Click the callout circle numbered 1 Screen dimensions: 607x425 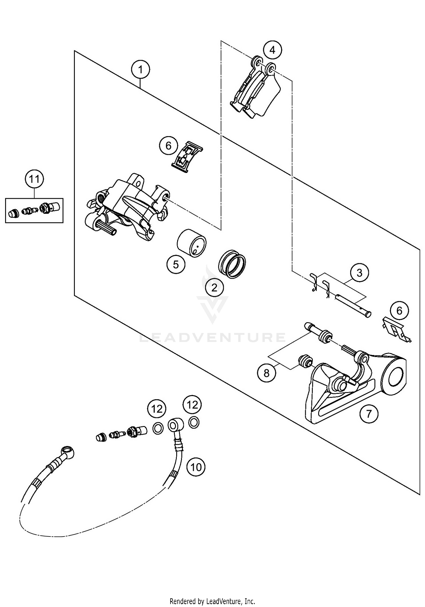tap(141, 69)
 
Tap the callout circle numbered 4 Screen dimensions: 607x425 tap(272, 50)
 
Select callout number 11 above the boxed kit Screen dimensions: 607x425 tap(35, 179)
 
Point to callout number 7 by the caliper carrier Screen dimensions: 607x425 tap(368, 414)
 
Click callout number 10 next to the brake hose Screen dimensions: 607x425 tap(196, 467)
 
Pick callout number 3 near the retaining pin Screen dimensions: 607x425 tap(359, 273)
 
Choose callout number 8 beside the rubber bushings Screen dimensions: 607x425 tap(266, 373)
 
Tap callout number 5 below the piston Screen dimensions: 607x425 tap(176, 265)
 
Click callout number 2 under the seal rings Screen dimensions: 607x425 tap(214, 288)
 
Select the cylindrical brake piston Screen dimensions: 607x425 tap(192, 243)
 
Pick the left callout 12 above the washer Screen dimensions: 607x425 tap(157, 409)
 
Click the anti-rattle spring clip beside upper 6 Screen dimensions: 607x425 tap(188, 157)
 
